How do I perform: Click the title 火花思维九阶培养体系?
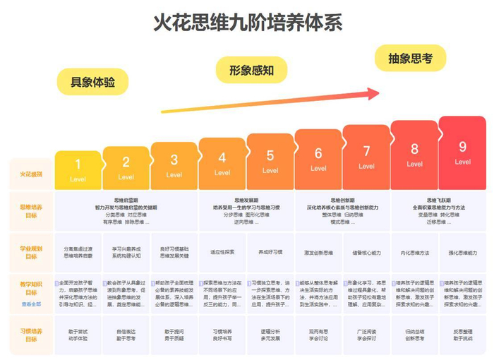(248, 23)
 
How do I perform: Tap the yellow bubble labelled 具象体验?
(92, 81)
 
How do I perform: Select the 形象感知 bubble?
(251, 70)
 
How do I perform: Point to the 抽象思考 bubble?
(409, 59)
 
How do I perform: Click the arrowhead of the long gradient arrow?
(375, 92)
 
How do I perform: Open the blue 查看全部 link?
(31, 304)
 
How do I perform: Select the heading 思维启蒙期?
(126, 200)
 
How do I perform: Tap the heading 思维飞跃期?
(414, 200)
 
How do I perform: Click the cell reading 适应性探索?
(222, 253)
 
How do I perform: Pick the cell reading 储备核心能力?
(366, 253)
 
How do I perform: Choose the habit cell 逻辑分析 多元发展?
(270, 335)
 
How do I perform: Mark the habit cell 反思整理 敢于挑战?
(462, 335)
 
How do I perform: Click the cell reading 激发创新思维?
(318, 253)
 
